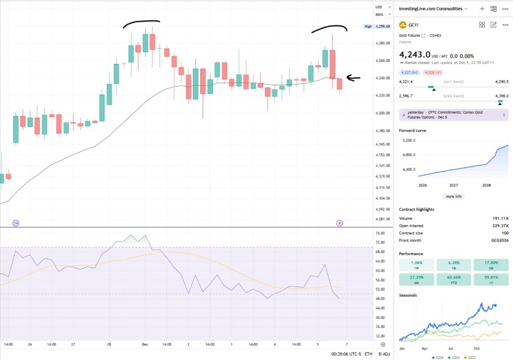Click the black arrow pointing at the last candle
[353, 79]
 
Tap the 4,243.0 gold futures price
[414, 55]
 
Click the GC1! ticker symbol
[414, 25]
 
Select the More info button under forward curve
[454, 196]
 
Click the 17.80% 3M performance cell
[491, 264]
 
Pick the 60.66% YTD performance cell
[454, 280]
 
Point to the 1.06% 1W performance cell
[417, 264]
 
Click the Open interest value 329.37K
[498, 226]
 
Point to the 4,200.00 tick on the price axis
[382, 113]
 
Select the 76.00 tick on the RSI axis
[381, 233]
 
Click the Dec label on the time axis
[145, 345]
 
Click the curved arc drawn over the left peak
[141, 23]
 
